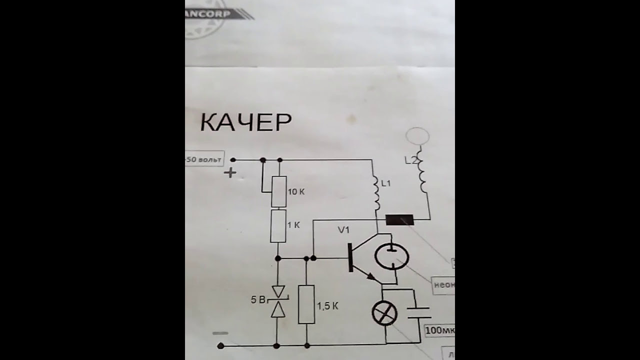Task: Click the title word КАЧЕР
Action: pyautogui.click(x=246, y=122)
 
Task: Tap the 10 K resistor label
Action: pyautogui.click(x=296, y=191)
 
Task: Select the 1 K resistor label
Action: pyautogui.click(x=293, y=225)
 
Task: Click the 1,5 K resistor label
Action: pyautogui.click(x=327, y=306)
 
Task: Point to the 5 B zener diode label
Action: pyautogui.click(x=258, y=300)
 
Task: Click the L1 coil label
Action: pyautogui.click(x=385, y=184)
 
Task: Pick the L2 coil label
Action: pyautogui.click(x=410, y=161)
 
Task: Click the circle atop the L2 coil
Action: pyautogui.click(x=417, y=136)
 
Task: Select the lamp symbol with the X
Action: pyautogui.click(x=385, y=314)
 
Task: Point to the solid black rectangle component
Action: pyautogui.click(x=400, y=219)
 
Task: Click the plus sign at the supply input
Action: pyautogui.click(x=230, y=173)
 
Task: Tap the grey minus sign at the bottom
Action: pyautogui.click(x=220, y=333)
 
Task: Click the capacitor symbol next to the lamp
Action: pyautogui.click(x=418, y=313)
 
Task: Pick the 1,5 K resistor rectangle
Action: pyautogui.click(x=306, y=304)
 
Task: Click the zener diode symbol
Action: pyautogui.click(x=277, y=301)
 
